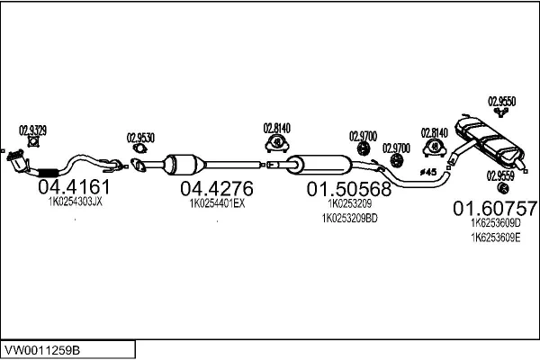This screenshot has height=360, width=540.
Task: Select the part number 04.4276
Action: click(x=217, y=189)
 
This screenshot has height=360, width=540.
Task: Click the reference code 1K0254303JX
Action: click(x=75, y=203)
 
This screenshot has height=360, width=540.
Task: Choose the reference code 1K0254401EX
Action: click(x=217, y=203)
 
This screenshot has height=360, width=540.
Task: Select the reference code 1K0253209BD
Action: click(x=349, y=218)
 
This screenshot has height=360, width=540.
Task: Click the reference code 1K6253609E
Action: click(x=495, y=237)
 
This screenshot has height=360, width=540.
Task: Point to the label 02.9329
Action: click(x=33, y=130)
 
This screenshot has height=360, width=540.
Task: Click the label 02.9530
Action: click(x=140, y=138)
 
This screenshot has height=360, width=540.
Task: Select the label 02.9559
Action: click(x=502, y=176)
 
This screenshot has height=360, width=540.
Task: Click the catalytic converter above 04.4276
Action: click(x=184, y=166)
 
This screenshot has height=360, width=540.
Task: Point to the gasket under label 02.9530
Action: click(x=139, y=165)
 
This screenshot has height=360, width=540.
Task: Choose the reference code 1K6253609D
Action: click(x=495, y=223)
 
